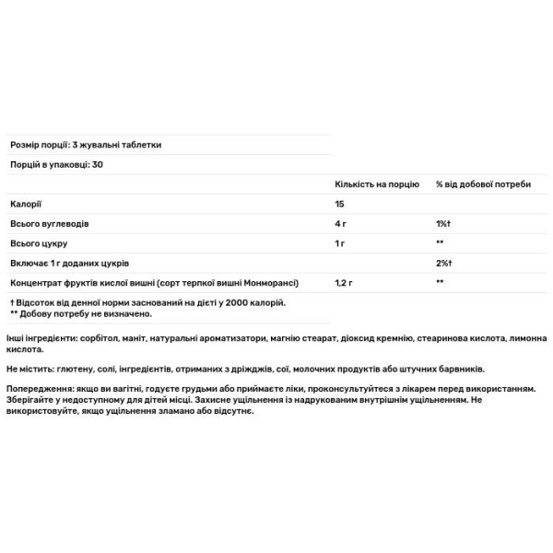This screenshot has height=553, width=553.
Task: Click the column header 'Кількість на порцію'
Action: (x=376, y=184)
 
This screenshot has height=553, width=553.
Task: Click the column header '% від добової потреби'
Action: (x=483, y=184)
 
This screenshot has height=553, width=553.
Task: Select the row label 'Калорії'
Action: (x=25, y=204)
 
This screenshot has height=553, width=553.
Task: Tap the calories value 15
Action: (x=340, y=204)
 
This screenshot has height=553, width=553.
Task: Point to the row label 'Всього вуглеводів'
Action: (x=49, y=223)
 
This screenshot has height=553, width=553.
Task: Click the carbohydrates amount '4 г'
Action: (x=342, y=223)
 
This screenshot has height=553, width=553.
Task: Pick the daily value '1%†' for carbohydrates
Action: (x=443, y=223)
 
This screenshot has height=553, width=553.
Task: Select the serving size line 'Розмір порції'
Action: (x=86, y=146)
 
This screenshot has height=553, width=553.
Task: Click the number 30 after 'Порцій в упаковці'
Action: (x=98, y=164)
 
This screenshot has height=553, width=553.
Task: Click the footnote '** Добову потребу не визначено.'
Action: (x=81, y=313)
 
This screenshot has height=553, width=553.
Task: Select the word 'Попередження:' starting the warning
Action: (x=38, y=390)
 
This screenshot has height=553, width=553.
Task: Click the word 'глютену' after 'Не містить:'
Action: (x=80, y=369)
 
